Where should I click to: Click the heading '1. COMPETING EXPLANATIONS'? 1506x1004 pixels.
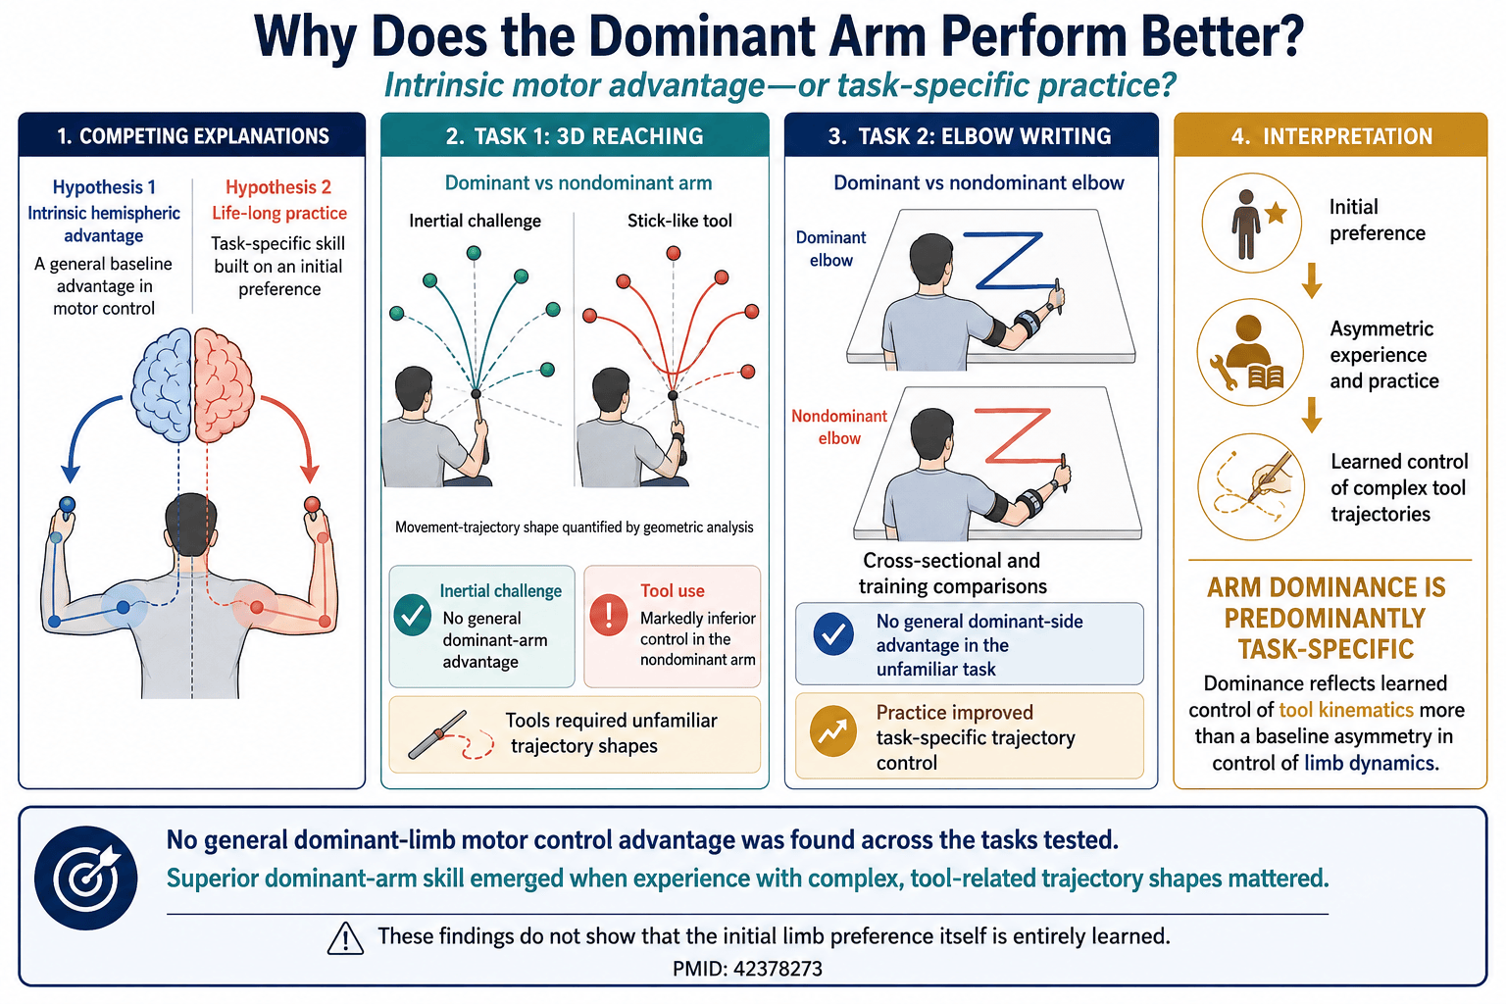tap(193, 136)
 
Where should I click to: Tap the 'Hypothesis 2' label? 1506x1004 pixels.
tap(278, 187)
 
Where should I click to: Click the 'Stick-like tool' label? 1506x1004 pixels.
tap(679, 221)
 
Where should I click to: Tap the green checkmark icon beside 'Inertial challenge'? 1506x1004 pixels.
tap(412, 616)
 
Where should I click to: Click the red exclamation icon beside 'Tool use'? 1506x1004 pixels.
tap(609, 616)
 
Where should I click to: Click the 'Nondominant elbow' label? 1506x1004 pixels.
tap(839, 427)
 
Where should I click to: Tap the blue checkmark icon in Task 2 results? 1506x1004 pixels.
tap(833, 634)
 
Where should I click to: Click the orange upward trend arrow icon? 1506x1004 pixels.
tap(833, 731)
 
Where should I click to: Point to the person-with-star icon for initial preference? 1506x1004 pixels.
tap(1252, 223)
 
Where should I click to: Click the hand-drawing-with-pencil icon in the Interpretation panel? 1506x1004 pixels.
tap(1251, 487)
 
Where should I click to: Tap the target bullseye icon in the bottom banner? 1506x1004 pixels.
tap(86, 878)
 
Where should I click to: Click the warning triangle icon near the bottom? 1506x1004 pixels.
tap(345, 938)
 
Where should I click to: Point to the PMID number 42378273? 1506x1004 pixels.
tap(778, 969)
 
